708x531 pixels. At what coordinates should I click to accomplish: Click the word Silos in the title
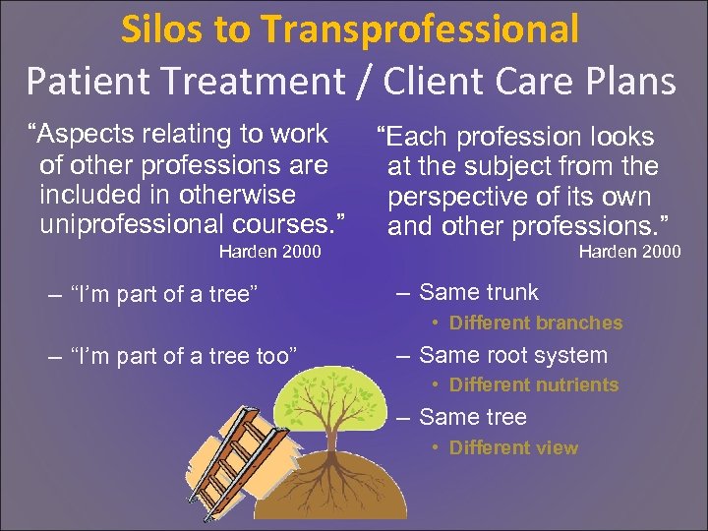pyautogui.click(x=162, y=29)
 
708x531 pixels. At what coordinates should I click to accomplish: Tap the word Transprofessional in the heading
pyautogui.click(x=424, y=31)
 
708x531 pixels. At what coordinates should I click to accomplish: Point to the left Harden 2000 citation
pyautogui.click(x=269, y=252)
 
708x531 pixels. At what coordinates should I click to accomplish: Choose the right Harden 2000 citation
pyautogui.click(x=629, y=252)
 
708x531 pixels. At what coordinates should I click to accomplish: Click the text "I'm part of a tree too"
pyautogui.click(x=185, y=355)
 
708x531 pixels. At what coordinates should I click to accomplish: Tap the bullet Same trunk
pyautogui.click(x=478, y=292)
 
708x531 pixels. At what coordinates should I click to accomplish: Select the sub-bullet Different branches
pyautogui.click(x=535, y=323)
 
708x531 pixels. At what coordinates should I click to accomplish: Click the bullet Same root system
pyautogui.click(x=512, y=355)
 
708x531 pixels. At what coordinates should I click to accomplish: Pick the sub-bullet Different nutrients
pyautogui.click(x=533, y=385)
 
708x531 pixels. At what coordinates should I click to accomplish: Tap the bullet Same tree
pyautogui.click(x=472, y=417)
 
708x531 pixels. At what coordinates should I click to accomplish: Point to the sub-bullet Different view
pyautogui.click(x=513, y=447)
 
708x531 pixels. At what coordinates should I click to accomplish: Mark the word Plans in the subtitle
pyautogui.click(x=630, y=81)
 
